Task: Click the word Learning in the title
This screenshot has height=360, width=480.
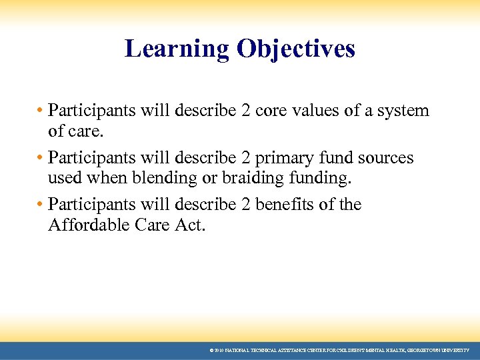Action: coord(177,49)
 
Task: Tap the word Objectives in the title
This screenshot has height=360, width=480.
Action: coord(295,49)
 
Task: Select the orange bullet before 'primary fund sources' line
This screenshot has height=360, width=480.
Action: coord(41,158)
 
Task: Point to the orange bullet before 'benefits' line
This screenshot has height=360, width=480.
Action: coord(41,205)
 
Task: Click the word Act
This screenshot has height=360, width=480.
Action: coord(191,225)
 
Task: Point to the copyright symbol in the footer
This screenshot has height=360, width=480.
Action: coord(211,350)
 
